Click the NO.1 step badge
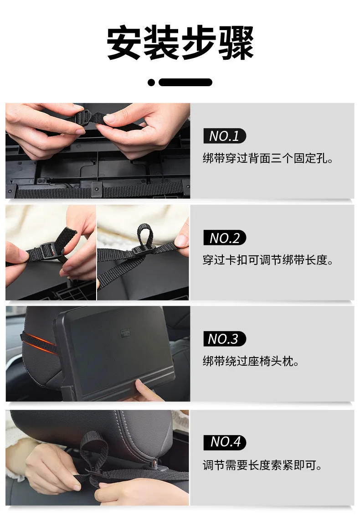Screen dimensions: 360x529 pos(225,136)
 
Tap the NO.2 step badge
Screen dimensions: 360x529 pos(225,238)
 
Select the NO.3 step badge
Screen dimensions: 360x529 pos(225,339)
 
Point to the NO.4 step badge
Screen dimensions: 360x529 pos(225,442)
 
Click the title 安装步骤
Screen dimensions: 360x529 pos(180,43)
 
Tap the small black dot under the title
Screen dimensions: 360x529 pos(151,83)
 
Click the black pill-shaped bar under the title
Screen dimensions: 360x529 pos(185,83)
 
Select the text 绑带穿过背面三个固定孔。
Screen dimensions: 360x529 pos(268,158)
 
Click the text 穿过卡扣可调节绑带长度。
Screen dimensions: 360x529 pos(268,260)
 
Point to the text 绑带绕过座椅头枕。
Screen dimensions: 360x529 pos(251,361)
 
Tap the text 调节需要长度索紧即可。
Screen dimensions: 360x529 pos(262,465)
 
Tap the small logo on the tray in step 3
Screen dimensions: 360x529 pos(125,332)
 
